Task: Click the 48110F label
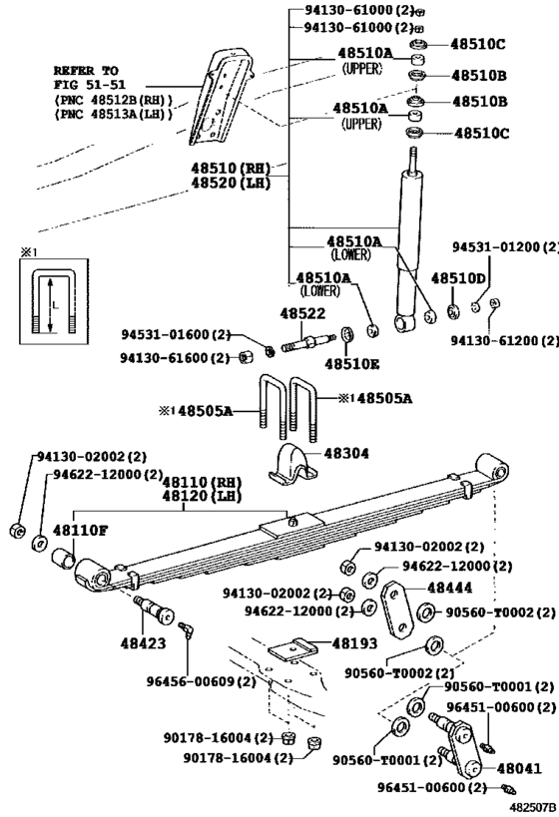tap(81, 531)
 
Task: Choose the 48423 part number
tap(145, 643)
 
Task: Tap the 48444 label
tap(452, 589)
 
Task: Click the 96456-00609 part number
tap(211, 681)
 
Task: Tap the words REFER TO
tap(86, 71)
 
